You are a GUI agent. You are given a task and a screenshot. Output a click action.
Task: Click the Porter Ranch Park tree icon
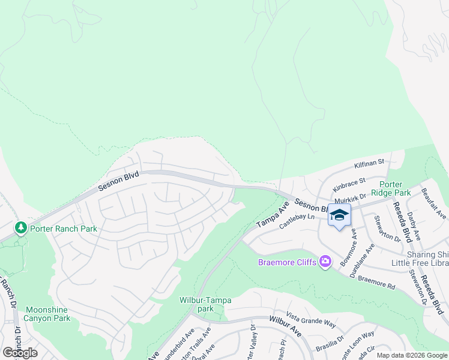(21, 227)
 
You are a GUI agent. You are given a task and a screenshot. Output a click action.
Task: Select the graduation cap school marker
(339, 215)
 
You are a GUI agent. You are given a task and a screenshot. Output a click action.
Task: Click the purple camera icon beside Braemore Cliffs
(325, 261)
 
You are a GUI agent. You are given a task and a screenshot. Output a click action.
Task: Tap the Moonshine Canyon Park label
(47, 314)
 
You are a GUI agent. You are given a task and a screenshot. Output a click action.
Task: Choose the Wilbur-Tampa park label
(205, 304)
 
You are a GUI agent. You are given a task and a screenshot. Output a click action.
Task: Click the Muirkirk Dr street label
(351, 200)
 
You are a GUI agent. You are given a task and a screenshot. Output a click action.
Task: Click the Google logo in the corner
(20, 353)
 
